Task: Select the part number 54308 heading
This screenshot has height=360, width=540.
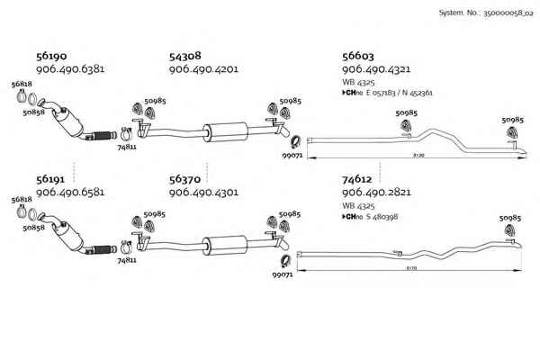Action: point(185,56)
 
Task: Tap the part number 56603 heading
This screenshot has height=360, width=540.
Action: point(359,56)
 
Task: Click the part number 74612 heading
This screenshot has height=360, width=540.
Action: point(358,179)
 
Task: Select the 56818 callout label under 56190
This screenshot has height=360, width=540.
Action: point(21,84)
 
